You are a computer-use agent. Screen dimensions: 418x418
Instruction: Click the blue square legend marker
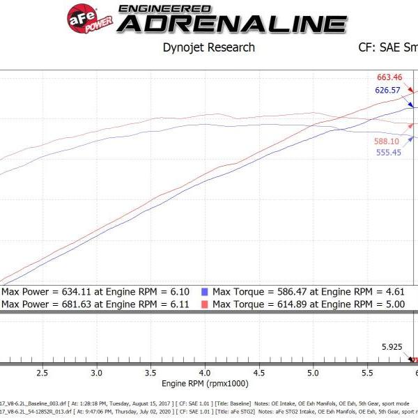204,292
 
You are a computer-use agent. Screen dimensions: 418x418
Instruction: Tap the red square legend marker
204,304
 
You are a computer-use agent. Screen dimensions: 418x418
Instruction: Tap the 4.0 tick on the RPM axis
205,373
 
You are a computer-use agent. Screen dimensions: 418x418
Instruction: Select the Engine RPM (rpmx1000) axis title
206,384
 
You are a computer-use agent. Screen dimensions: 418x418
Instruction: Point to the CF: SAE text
379,47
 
